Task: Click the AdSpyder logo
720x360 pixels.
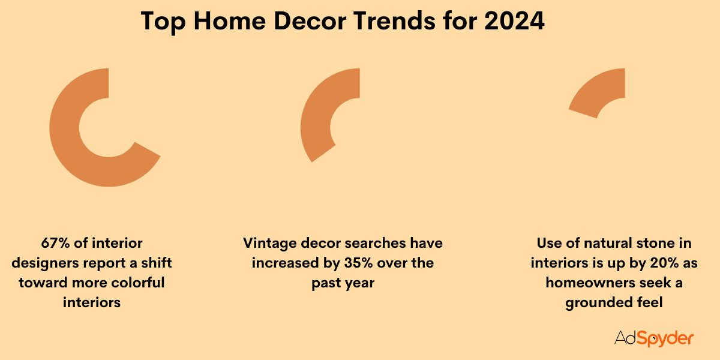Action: [x=654, y=338]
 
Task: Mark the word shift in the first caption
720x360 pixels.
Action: [x=154, y=263]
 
